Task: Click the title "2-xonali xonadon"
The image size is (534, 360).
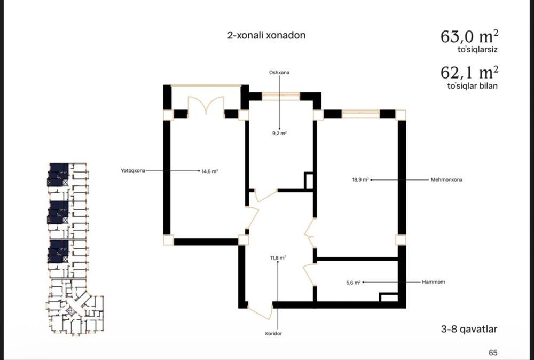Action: [266, 35]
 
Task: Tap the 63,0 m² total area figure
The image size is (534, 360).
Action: [469, 36]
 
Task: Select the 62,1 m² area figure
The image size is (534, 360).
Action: [469, 72]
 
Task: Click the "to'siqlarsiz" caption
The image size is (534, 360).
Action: [477, 49]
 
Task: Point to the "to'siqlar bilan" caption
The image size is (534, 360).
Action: [473, 86]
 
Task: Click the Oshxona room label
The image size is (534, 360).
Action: [279, 73]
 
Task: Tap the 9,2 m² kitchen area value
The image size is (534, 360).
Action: [279, 134]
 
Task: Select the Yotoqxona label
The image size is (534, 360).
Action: [133, 170]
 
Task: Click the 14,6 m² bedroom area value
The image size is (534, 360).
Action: [209, 171]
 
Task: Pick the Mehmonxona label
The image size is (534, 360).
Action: [446, 179]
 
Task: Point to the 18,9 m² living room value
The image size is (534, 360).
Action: [360, 179]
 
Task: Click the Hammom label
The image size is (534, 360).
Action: [434, 282]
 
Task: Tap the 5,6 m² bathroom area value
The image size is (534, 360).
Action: [353, 283]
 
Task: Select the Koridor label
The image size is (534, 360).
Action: [273, 334]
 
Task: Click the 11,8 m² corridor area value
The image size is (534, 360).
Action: [278, 258]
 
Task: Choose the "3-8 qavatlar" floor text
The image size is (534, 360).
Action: [469, 330]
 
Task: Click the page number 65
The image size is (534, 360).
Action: [493, 353]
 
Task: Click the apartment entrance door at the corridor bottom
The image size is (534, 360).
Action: [261, 311]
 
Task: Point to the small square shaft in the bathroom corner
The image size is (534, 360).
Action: [389, 297]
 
